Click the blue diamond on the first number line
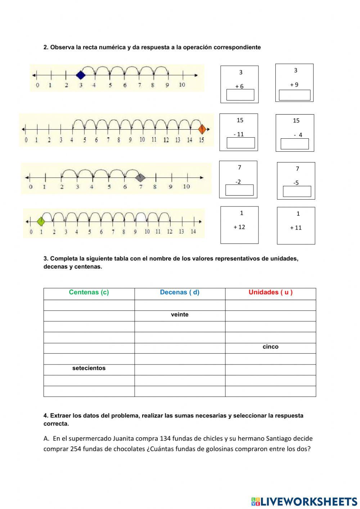click(81, 75)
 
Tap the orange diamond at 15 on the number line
click(202, 129)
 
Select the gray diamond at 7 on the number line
click(141, 177)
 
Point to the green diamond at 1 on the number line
click(41, 221)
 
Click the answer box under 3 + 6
click(240, 95)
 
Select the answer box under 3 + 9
click(294, 95)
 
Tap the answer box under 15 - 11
click(240, 143)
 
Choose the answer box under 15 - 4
click(294, 144)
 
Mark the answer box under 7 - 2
click(239, 190)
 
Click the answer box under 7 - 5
click(297, 191)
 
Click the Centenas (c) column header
click(89, 293)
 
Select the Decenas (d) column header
click(180, 293)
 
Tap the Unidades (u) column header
click(270, 293)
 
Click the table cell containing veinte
click(180, 315)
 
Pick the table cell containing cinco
click(270, 347)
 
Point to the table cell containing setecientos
click(89, 369)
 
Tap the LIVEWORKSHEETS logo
click(304, 501)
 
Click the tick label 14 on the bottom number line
click(193, 232)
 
